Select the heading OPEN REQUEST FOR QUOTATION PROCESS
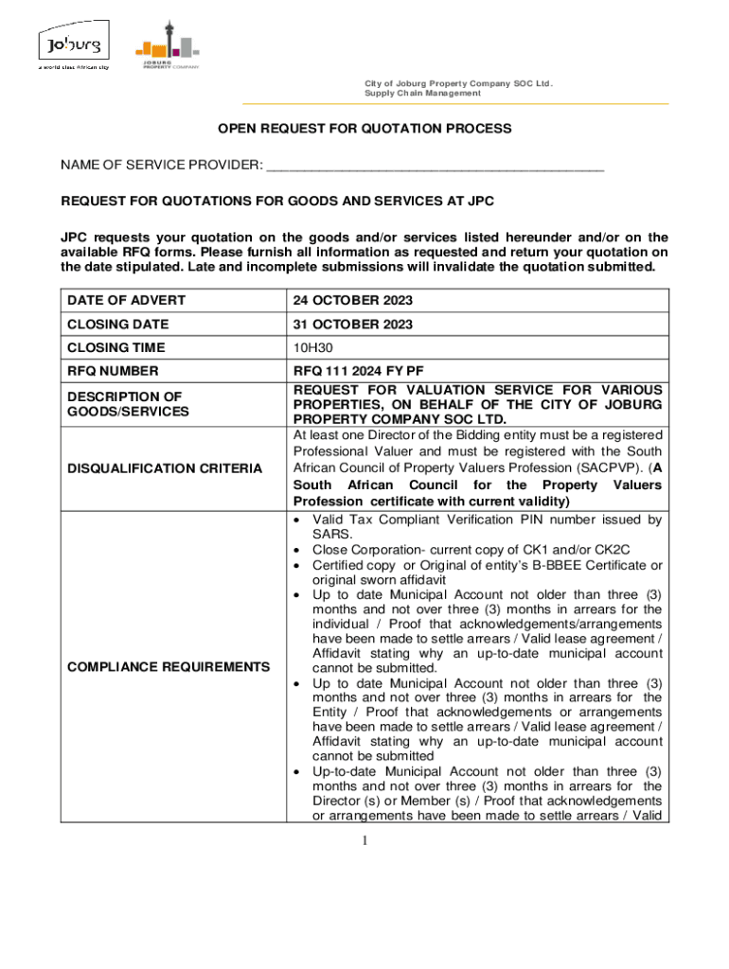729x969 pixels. coord(365,128)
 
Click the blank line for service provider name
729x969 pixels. coord(435,167)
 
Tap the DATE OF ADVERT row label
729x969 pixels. coord(126,301)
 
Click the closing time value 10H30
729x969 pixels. coord(312,347)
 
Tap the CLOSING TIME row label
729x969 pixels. coord(116,347)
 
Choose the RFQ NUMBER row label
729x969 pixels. coord(113,371)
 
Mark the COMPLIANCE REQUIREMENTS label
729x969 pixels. coord(168,667)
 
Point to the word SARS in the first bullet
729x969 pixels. coord(330,534)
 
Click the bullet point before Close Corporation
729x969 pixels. coord(299,550)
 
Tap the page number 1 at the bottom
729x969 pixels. coord(364,840)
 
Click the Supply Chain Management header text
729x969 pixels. coord(422,93)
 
